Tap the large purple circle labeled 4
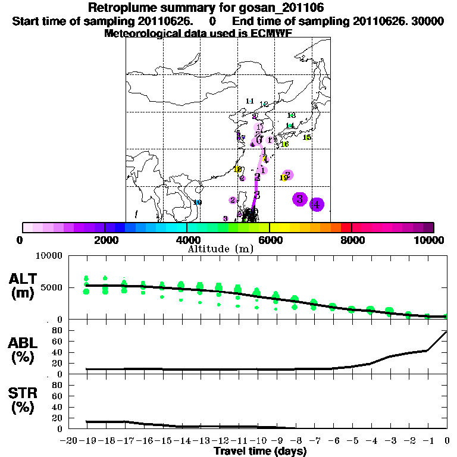pos(317,205)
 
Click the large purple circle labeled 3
pos(300,199)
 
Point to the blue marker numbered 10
pos(198,202)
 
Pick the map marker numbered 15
pos(307,137)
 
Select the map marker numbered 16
pos(285,144)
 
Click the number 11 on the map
pos(250,101)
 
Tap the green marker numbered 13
pos(292,115)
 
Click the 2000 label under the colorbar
pos(104,240)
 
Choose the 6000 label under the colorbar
pos(270,240)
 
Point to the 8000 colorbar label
pos(352,240)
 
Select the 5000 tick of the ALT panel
pos(52,287)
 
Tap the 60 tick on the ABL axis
pos(58,342)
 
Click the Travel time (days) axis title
pos(260,451)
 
